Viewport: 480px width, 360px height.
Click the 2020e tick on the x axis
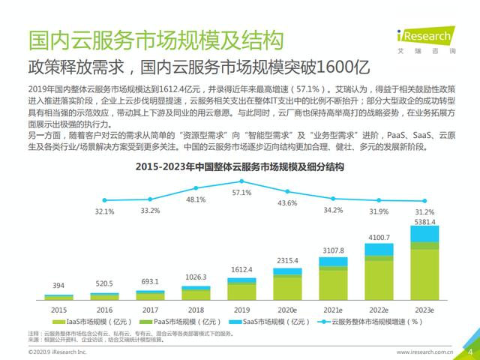click(288, 308)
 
